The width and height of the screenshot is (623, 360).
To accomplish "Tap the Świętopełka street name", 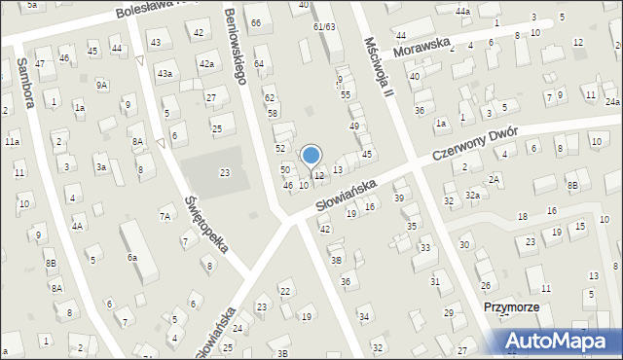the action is point(206,224).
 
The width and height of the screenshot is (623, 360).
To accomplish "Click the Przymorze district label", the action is point(512,306).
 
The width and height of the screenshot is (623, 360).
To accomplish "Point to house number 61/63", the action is point(325,26).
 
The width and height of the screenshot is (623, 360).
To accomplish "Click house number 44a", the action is point(461,12).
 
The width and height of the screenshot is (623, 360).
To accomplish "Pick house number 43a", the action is point(165,73).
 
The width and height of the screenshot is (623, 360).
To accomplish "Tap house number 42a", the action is point(206,63).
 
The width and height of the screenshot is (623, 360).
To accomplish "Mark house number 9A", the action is point(102,85).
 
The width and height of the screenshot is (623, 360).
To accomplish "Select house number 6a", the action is point(131,257).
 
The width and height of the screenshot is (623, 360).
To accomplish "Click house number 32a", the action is point(472,195).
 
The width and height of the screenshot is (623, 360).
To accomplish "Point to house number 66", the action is point(256,22).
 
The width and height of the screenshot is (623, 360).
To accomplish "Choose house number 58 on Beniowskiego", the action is point(273,113).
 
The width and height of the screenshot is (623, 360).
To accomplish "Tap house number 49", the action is point(354,126).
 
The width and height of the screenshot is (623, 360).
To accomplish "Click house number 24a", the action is point(611,101).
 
